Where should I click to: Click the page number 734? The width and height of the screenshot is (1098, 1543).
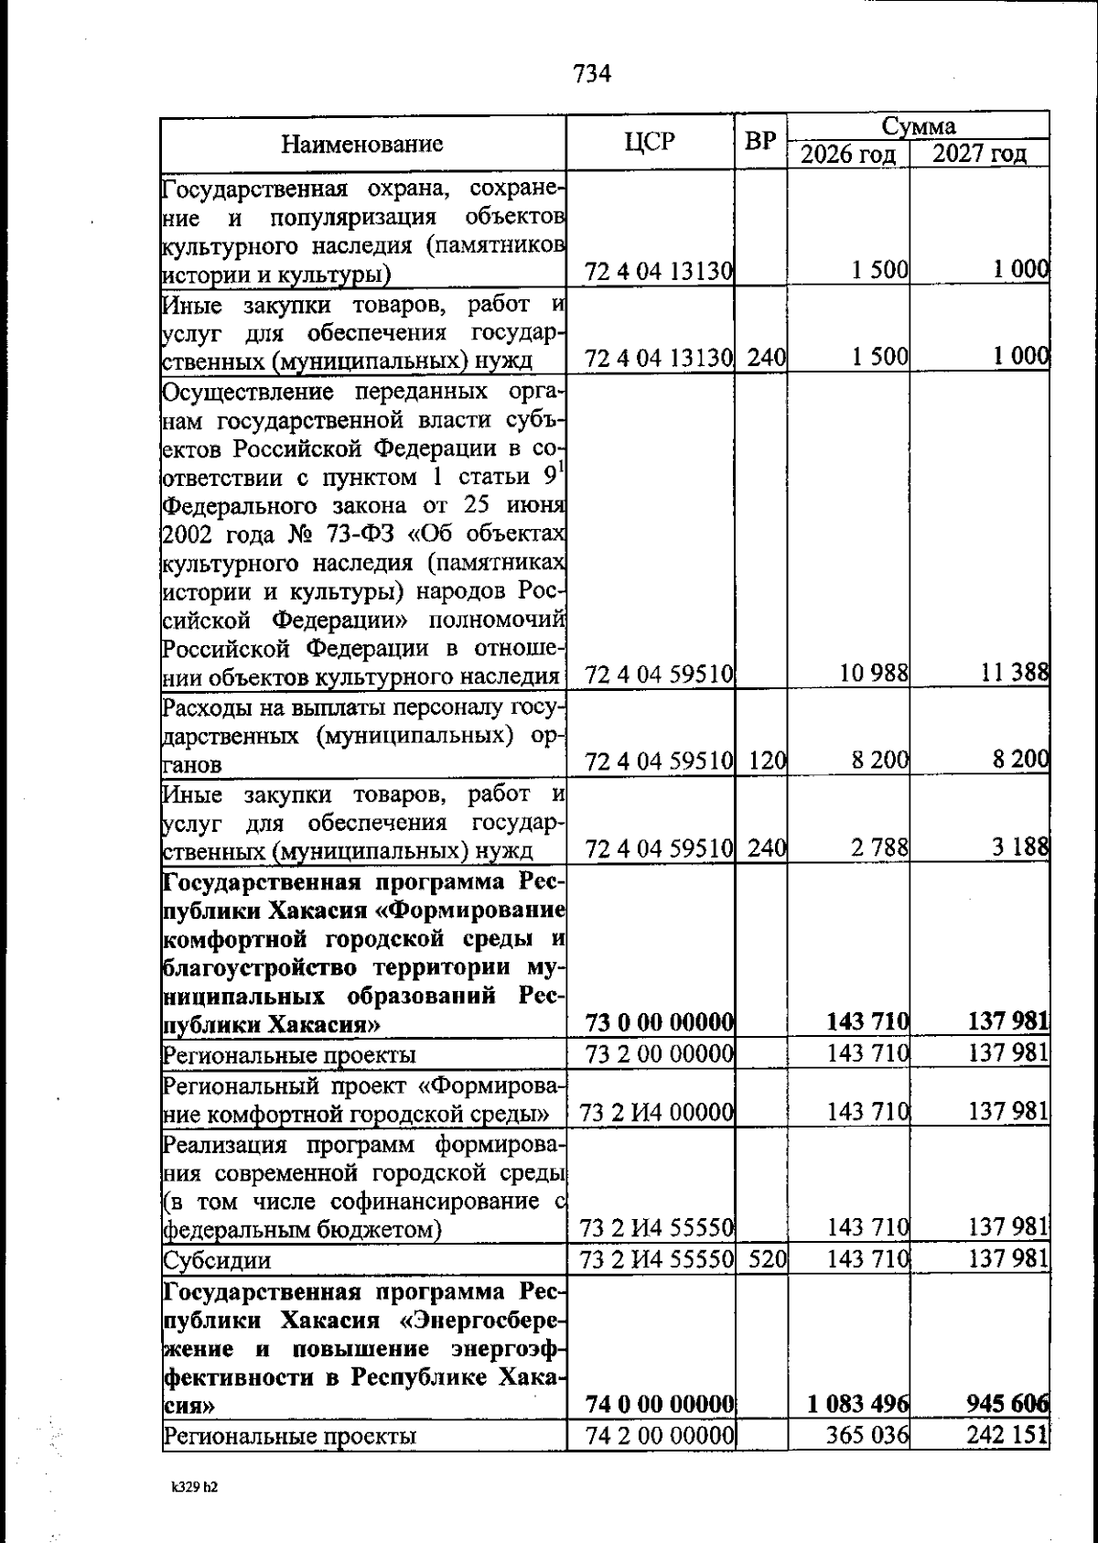pyautogui.click(x=592, y=74)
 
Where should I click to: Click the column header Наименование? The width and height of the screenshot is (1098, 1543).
pyautogui.click(x=361, y=144)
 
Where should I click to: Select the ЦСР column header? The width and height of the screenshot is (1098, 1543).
pyautogui.click(x=651, y=142)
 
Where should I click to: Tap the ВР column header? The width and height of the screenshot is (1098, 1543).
pyautogui.click(x=760, y=142)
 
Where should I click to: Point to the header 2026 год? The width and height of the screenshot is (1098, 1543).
pyautogui.click(x=848, y=155)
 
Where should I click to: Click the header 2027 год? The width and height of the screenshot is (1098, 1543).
pyautogui.click(x=979, y=155)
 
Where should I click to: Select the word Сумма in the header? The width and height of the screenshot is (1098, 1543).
pyautogui.click(x=919, y=125)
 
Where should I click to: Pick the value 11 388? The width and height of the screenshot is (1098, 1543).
pyautogui.click(x=1014, y=674)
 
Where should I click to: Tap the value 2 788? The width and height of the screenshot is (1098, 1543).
pyautogui.click(x=879, y=847)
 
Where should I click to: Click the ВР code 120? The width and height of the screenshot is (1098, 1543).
pyautogui.click(x=767, y=761)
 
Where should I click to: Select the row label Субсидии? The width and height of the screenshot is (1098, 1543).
pyautogui.click(x=217, y=1260)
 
